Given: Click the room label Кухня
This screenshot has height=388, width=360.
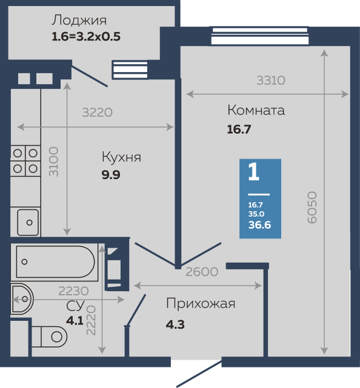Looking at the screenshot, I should point(121,157).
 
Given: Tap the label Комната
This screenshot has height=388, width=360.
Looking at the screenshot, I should point(256,111).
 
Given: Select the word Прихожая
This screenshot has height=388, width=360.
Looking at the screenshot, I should point(201,304).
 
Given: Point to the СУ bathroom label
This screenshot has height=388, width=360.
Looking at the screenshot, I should point(75,306).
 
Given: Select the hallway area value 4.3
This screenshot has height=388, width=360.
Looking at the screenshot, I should point(175,324).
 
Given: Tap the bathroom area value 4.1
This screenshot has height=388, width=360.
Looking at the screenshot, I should point(75,320).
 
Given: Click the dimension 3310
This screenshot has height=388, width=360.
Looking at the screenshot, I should point(271,79).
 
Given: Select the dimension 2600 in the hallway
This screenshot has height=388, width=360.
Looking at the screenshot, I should point(202,272).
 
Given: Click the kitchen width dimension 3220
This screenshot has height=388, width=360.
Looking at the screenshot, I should point(98,112).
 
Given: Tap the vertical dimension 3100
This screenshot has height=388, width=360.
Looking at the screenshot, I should point(54,161).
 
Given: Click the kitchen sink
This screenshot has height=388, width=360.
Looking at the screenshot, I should point(27,222).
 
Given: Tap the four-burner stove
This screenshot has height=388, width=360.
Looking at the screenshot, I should point(25,161).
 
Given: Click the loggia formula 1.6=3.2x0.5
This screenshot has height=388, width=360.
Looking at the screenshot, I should point(87,36).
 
